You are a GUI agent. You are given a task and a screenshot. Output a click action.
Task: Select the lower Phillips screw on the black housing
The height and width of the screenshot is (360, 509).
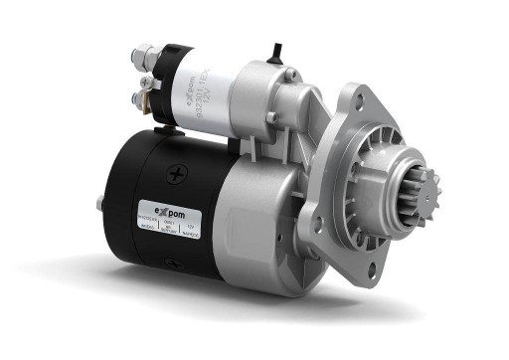(172, 263)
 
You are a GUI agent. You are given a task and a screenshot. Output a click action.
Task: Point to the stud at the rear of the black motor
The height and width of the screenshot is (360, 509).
(102, 206)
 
